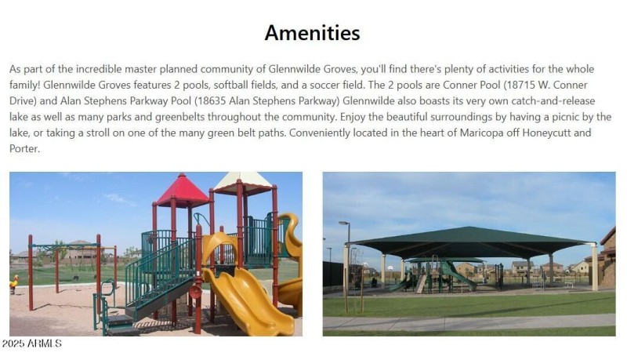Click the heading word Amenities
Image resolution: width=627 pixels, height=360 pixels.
point(312,33)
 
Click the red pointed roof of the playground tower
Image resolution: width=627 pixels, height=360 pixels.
point(181,190)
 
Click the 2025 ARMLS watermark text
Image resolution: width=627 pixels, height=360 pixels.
point(31,344)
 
